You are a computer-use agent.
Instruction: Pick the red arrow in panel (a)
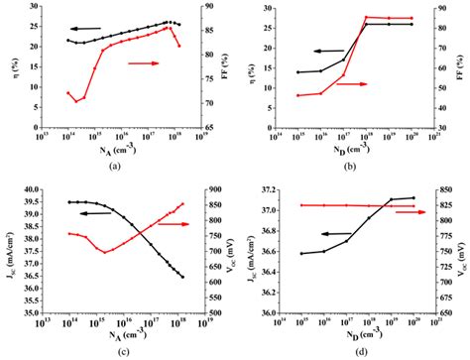[145, 62]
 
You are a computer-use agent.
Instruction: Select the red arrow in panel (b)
[349, 84]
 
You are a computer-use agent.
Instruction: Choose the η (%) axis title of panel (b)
[246, 75]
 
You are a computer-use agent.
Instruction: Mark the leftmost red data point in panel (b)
[298, 95]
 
